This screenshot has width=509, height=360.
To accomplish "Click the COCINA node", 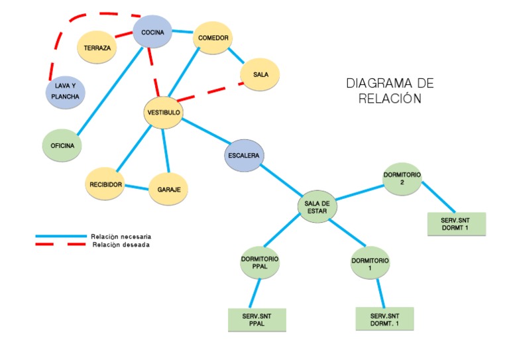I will coord(152,31).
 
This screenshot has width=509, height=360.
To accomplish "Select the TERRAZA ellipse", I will coord(97,48).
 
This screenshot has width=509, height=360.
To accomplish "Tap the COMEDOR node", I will coord(213,38).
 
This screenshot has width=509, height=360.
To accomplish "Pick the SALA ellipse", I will coord(260,74).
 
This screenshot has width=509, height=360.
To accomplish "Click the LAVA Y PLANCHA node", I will coord(65,92).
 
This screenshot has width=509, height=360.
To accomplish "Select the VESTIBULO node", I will coord(163,113).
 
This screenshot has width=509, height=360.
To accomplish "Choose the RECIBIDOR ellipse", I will coord(106,184).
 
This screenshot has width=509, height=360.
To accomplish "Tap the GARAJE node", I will coord(168,190).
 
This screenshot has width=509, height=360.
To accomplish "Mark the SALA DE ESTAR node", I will coord(317,206).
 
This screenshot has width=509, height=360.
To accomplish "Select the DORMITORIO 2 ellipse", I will coord(402,178).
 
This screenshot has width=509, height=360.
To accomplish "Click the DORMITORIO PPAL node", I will coord(260,263).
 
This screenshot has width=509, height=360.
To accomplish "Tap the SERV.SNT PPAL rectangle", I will coord(257,320).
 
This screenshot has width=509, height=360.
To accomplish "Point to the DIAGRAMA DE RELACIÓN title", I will coord(390,91).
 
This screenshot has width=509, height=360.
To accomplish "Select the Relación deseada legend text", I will coord(121,245).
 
